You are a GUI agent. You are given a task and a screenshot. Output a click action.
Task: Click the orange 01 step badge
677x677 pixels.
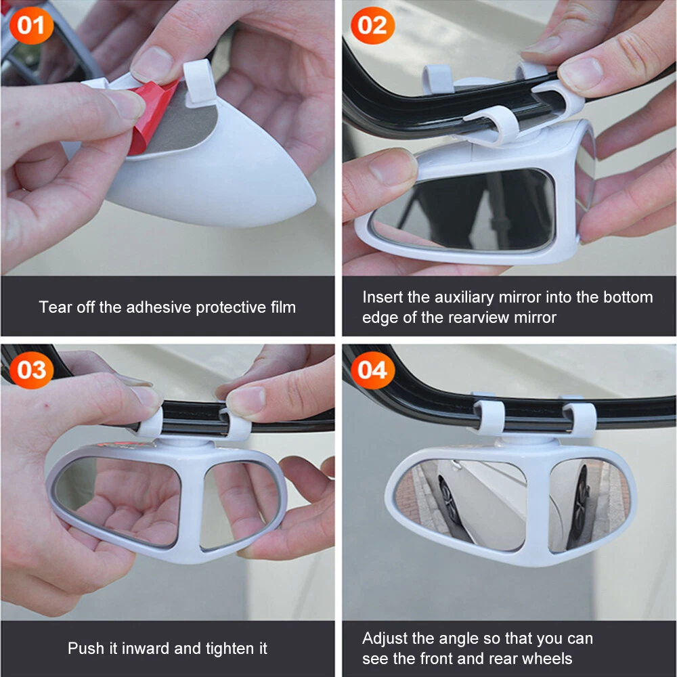31,26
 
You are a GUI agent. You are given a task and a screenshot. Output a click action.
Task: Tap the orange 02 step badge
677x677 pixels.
372,26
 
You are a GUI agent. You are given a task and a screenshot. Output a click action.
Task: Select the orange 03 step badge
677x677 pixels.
31,370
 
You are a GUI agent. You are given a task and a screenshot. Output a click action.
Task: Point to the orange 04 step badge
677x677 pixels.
372,370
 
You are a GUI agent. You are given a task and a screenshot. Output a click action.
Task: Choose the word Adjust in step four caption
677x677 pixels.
385,639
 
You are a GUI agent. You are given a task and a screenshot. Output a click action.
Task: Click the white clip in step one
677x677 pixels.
199,83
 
